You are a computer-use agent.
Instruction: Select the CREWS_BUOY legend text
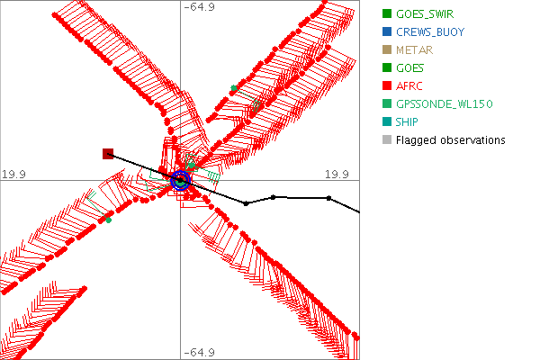[x=431, y=31]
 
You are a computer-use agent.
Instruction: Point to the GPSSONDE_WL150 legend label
[x=445, y=103]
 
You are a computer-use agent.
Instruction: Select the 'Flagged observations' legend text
[x=450, y=139]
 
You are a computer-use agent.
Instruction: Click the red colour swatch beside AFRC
[x=387, y=85]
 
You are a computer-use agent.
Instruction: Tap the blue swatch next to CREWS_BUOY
[x=387, y=31]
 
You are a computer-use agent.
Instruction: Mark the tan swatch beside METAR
[x=387, y=49]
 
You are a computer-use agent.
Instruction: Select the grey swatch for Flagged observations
[x=387, y=139]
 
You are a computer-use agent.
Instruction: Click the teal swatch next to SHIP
[x=387, y=121]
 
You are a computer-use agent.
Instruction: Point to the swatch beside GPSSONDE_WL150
[x=387, y=103]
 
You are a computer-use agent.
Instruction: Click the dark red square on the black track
[x=108, y=154]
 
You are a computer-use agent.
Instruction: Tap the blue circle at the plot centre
[x=181, y=180]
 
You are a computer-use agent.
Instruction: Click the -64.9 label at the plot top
[x=199, y=8]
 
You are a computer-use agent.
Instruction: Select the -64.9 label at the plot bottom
[x=199, y=352]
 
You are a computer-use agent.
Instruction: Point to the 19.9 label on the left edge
[x=14, y=173]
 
